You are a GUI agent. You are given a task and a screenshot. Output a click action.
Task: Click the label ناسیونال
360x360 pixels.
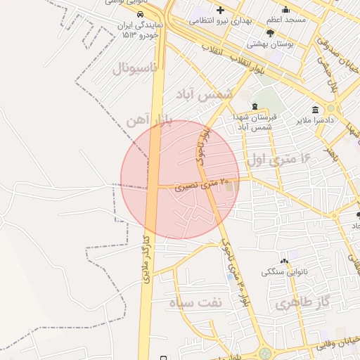tap(140, 69)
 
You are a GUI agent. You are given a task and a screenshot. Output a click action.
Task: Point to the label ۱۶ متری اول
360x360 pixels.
tap(278, 160)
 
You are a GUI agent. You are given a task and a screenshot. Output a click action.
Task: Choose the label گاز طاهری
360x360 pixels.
tap(297, 304)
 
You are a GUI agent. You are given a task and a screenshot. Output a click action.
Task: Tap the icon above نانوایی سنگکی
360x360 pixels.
tap(284, 261)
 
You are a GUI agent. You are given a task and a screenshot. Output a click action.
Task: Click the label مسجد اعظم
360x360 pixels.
tap(286, 20)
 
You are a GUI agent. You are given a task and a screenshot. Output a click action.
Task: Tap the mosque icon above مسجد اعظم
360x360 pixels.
tap(285, 9)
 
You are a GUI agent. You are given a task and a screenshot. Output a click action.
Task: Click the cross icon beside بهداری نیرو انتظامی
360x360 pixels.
tap(221, 10)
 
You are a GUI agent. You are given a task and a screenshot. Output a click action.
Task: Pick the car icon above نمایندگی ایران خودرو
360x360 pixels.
tap(141, 14)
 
